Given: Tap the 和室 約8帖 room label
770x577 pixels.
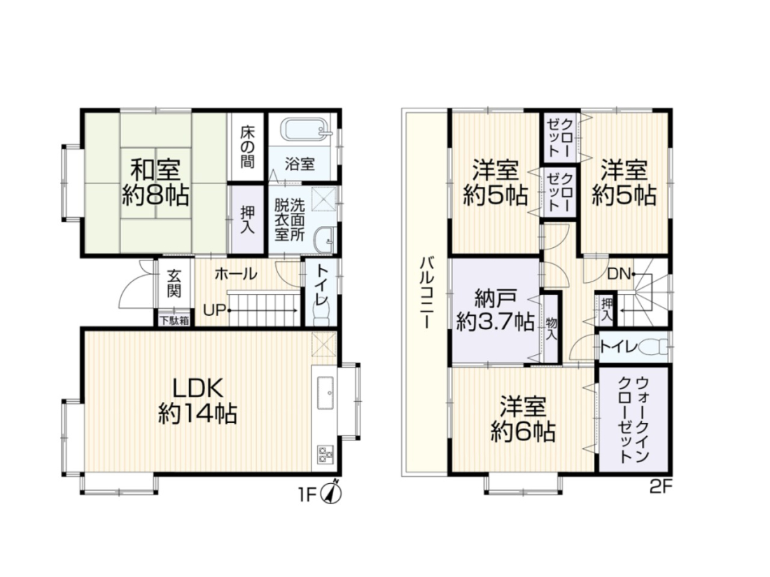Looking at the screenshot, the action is (155, 182).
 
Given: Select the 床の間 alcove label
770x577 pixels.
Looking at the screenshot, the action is (248, 147).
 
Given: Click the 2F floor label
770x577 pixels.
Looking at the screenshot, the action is (661, 487).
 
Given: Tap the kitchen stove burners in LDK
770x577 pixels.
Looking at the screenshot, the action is (325, 454).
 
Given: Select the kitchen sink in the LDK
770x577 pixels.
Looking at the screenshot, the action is (325, 392).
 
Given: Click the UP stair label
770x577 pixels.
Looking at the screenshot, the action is (215, 310).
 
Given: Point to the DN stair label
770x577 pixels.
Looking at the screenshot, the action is (619, 274).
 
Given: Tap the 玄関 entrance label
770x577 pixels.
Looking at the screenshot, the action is (174, 283).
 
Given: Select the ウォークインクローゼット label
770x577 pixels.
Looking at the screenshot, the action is (634, 420).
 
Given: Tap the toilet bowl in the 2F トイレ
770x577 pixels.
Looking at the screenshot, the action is (654, 347).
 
